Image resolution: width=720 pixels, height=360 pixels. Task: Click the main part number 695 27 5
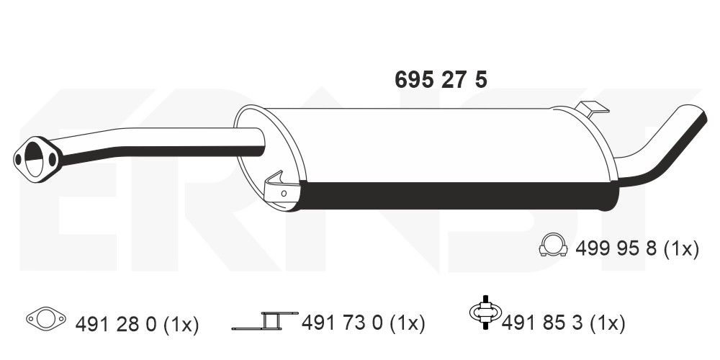tap(441, 80)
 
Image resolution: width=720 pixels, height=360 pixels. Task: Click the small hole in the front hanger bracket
tap(284, 193)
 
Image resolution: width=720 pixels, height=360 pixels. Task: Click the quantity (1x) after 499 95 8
tap(680, 249)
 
